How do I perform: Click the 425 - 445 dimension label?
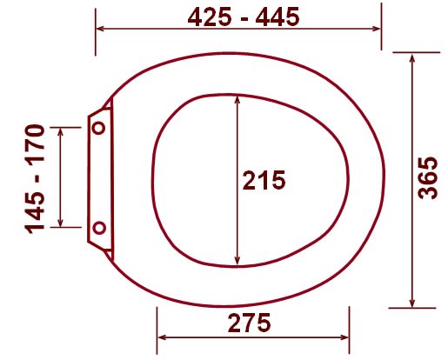pos(244,17)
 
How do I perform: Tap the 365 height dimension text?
pos(428,178)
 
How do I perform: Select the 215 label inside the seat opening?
pos(264,180)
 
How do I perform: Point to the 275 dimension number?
pos(249,323)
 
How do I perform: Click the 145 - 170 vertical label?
pos(36,179)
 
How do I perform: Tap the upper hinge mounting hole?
pos(99,128)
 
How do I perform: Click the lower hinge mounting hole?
pos(99,228)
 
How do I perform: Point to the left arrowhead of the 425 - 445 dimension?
pos(100,29)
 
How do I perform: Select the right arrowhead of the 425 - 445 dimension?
pos(376,29)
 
